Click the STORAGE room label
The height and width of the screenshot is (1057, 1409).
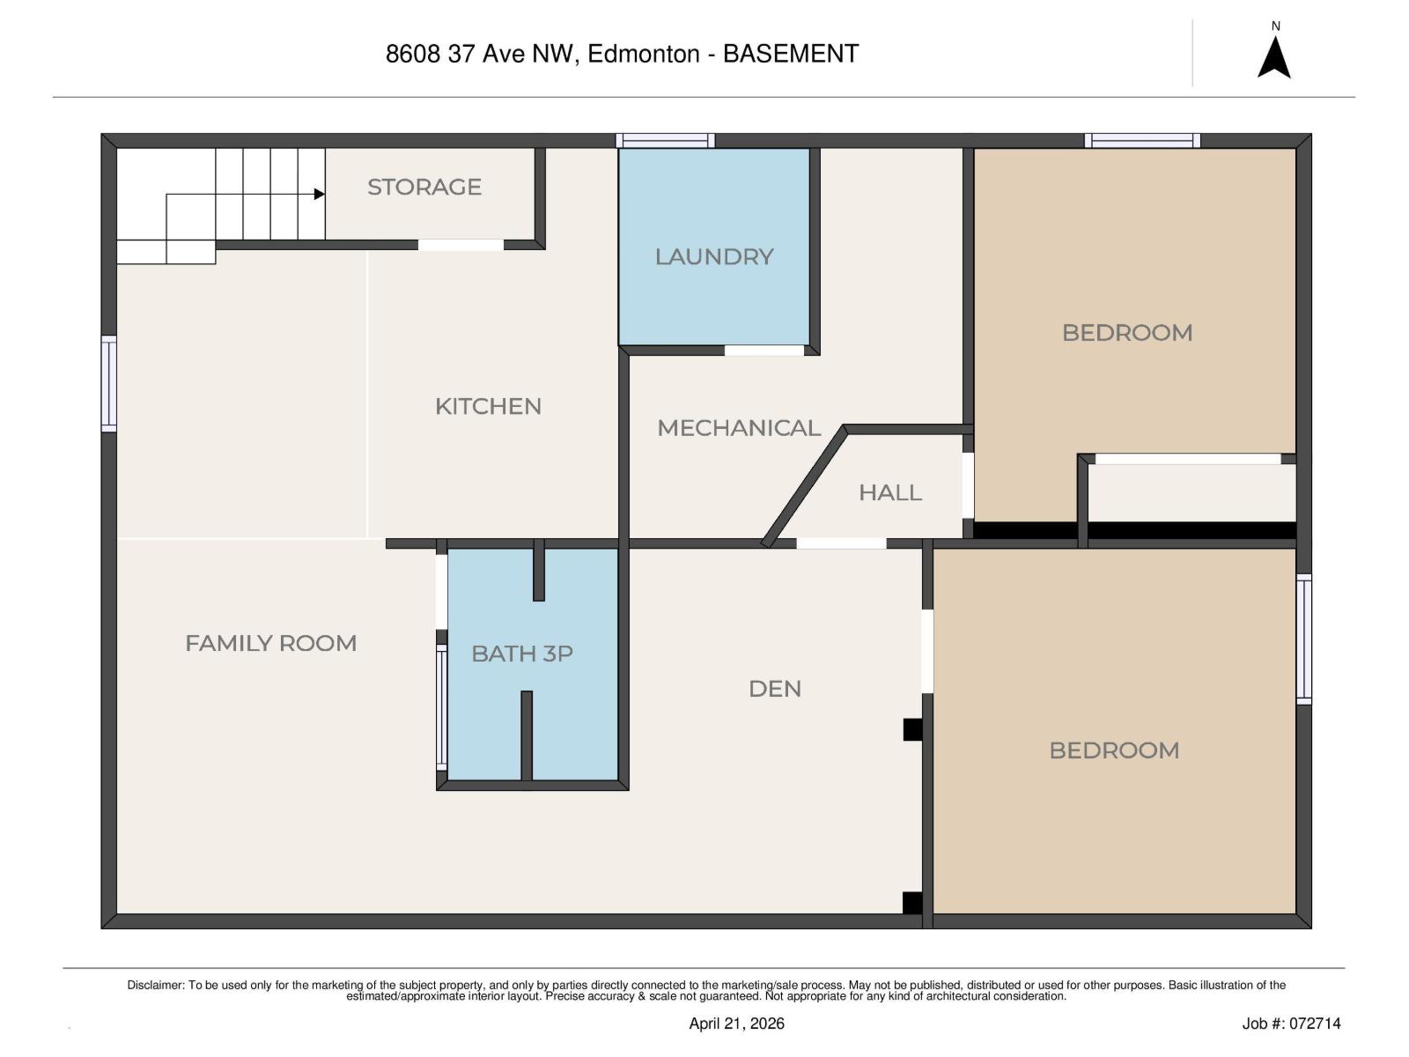click(x=424, y=187)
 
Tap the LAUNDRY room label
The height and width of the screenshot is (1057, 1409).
click(x=713, y=256)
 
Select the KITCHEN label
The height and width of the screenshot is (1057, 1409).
click(x=488, y=406)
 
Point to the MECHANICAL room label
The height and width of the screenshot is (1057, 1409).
click(x=738, y=428)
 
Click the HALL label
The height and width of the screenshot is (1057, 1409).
click(x=889, y=492)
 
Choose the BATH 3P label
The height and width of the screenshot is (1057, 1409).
click(x=521, y=654)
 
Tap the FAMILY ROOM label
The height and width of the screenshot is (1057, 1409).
click(x=270, y=643)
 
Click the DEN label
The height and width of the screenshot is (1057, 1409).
click(x=774, y=689)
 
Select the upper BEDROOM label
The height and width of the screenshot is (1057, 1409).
click(x=1126, y=333)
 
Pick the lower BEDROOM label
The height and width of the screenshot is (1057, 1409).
click(x=1114, y=750)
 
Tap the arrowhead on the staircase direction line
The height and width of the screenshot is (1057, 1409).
click(x=319, y=194)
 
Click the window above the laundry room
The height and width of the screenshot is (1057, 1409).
click(x=665, y=140)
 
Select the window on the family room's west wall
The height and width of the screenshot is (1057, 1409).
click(x=109, y=383)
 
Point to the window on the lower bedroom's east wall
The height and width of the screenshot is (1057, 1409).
click(x=1303, y=639)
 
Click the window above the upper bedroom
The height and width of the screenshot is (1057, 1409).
click(x=1142, y=140)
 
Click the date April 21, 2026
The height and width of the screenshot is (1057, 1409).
click(x=736, y=1024)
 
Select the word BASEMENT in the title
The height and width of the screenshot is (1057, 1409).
click(x=790, y=54)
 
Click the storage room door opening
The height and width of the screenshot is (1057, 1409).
click(x=461, y=245)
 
